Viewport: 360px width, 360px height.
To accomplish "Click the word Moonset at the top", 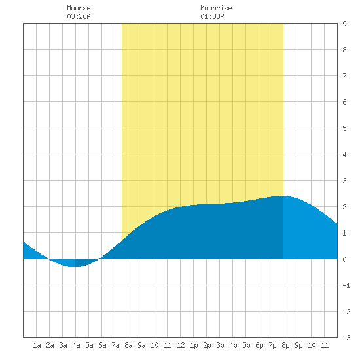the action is click(x=81, y=8).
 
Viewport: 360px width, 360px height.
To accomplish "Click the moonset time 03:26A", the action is click(x=79, y=16).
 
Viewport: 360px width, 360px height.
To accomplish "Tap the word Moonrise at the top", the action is click(x=216, y=8).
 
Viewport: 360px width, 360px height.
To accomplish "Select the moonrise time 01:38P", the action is click(x=212, y=16).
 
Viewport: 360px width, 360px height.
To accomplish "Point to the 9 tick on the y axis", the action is click(x=344, y=24).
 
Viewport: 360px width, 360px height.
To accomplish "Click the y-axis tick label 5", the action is click(x=344, y=128).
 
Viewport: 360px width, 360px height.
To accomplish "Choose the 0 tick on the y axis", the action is click(x=344, y=259).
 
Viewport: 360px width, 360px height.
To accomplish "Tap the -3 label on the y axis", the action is click(x=346, y=338).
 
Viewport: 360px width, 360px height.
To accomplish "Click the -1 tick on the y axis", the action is click(x=346, y=285).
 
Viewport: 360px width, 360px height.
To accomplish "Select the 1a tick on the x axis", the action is click(x=37, y=345).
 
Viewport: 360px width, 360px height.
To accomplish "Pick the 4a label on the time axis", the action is click(x=76, y=345).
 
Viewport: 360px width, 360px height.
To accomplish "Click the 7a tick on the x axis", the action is click(x=115, y=345).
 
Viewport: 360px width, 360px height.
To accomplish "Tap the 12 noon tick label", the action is click(x=181, y=345).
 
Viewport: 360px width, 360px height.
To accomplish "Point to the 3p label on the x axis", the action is click(x=220, y=345).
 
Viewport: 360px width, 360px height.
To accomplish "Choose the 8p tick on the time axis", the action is click(x=285, y=345).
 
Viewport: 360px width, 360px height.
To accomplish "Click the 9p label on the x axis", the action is click(x=298, y=345).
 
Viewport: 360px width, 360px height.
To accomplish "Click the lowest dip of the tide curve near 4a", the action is click(x=74, y=267).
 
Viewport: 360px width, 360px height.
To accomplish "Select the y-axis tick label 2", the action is click(x=344, y=207).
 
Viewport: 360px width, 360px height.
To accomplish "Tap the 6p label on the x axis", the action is click(x=259, y=345).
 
